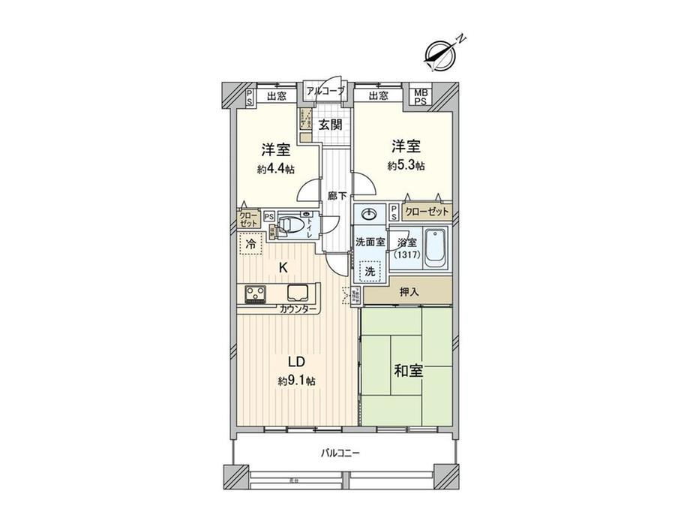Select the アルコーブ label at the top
(x=325, y=91)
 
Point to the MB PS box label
(x=421, y=97)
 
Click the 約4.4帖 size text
(x=275, y=169)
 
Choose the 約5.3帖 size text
(x=406, y=165)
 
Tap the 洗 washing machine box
(x=370, y=271)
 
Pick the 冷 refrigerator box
(x=250, y=244)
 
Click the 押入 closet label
(x=407, y=291)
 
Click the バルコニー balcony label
(x=341, y=453)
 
